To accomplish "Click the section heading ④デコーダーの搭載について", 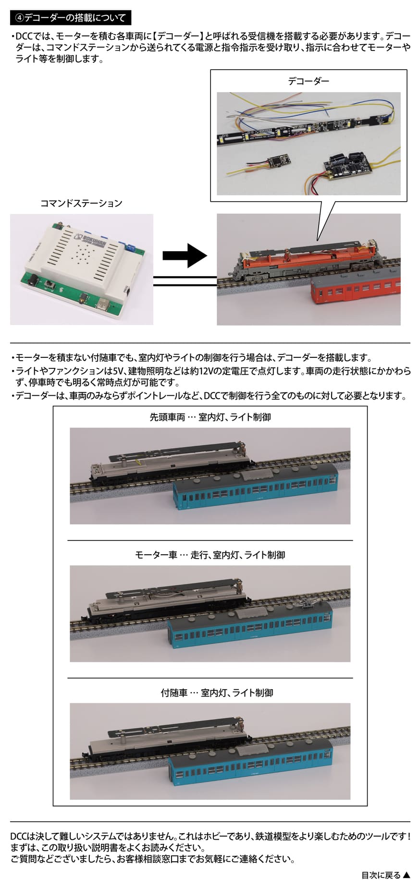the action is click(x=70, y=18).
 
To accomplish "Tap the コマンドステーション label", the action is click(x=81, y=203).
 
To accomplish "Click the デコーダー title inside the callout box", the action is click(x=309, y=81).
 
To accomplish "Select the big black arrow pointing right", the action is click(x=185, y=255).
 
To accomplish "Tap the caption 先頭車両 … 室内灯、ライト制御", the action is click(x=210, y=417).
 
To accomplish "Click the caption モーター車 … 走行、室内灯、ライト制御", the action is click(x=210, y=555).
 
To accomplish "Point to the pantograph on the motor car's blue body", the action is click(x=303, y=600).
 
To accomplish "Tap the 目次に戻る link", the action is click(x=381, y=875).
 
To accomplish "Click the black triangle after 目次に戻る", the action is click(x=407, y=875).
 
